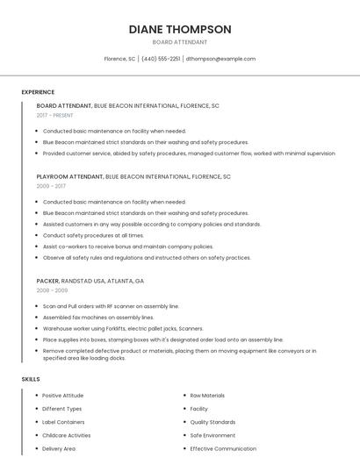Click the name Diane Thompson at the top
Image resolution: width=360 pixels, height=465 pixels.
(x=180, y=29)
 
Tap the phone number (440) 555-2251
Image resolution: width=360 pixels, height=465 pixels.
(x=161, y=59)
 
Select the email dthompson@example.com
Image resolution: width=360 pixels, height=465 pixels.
(x=220, y=59)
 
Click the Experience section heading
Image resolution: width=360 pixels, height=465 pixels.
(x=38, y=92)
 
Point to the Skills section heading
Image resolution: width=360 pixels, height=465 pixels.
(x=31, y=379)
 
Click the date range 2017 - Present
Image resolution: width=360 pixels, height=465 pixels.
(x=55, y=115)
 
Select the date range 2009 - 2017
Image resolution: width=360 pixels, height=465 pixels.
(x=51, y=186)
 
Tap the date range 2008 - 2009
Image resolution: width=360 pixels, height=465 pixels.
(x=52, y=290)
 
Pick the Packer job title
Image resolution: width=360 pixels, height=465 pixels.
(x=48, y=280)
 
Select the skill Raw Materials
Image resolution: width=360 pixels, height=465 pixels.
(x=207, y=396)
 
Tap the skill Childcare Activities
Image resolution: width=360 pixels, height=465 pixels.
(x=67, y=435)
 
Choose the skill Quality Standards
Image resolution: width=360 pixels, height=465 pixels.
(x=212, y=422)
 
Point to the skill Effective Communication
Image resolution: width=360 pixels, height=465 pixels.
(x=224, y=448)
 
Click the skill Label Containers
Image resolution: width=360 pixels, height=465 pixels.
(x=63, y=422)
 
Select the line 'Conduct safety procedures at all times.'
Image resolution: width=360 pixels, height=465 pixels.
(x=93, y=235)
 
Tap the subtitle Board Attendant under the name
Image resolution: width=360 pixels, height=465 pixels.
(x=180, y=42)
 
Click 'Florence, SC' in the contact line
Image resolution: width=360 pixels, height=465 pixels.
(x=119, y=59)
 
